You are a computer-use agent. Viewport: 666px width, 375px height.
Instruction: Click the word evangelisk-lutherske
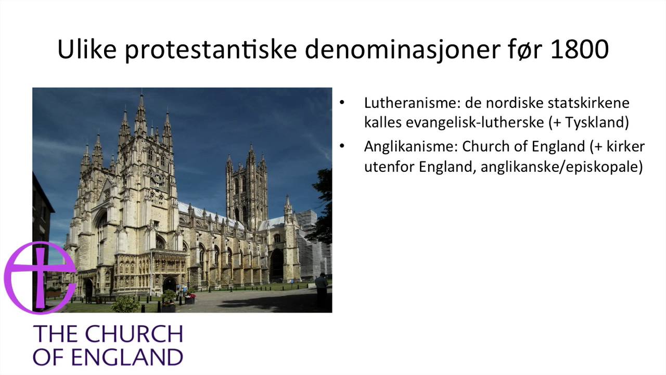464,123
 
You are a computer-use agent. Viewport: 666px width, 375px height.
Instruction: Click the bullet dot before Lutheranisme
342,102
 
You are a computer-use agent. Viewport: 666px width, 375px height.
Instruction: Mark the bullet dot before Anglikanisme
342,146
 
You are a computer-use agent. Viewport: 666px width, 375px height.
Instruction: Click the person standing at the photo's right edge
322,289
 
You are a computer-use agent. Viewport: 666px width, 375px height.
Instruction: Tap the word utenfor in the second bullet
387,168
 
